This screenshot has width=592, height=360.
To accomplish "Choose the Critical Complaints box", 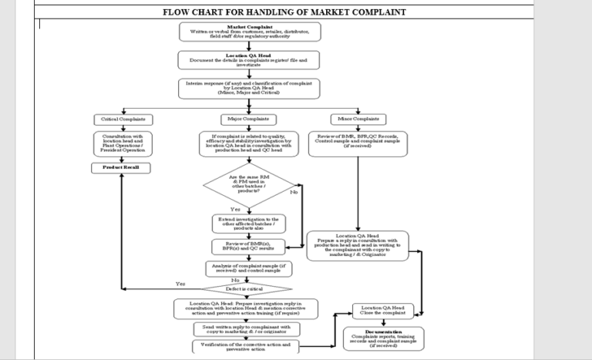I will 123,119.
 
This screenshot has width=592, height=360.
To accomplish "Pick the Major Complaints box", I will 250,119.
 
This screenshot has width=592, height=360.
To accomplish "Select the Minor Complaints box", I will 358,119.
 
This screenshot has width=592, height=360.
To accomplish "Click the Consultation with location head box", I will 123,143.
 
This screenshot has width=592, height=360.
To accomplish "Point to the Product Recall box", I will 122,167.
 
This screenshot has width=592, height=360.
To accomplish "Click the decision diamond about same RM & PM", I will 250,185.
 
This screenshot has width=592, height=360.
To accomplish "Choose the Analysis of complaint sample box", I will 250,267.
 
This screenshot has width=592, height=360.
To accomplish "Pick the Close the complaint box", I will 382,311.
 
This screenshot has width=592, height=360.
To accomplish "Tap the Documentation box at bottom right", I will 383,338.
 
